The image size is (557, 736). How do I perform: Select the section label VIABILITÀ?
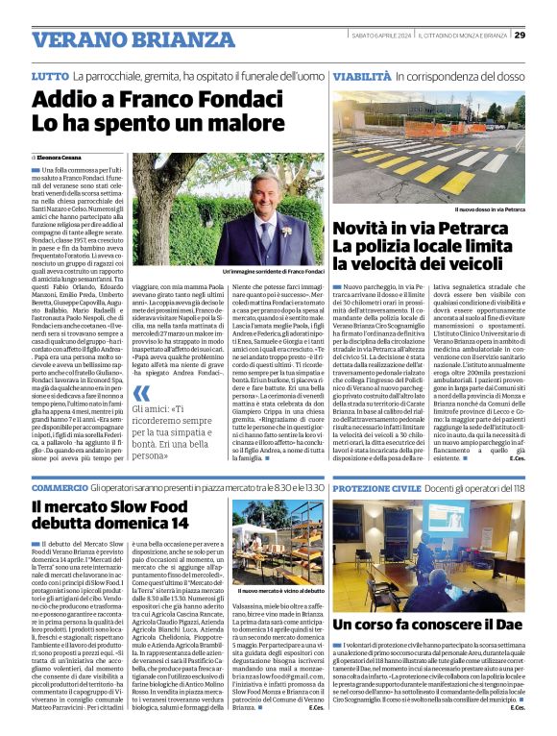[362, 75]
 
